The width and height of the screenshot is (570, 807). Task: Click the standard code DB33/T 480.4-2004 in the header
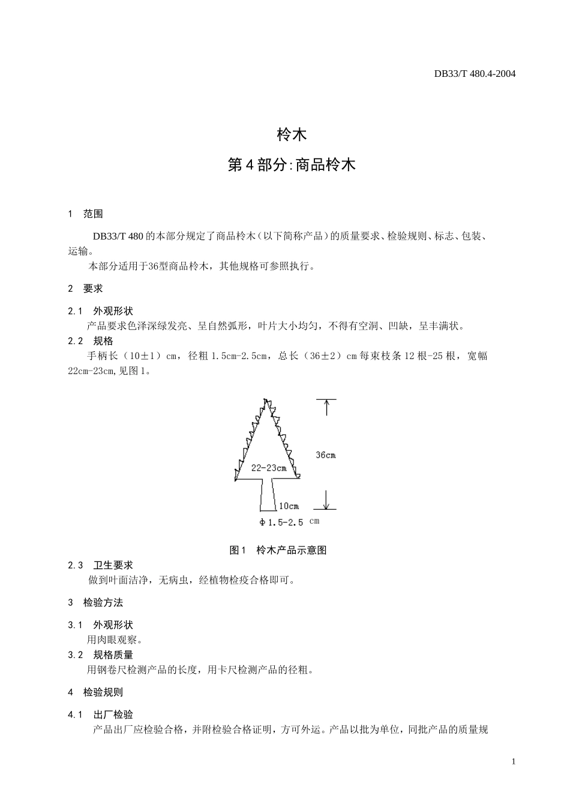pyautogui.click(x=475, y=74)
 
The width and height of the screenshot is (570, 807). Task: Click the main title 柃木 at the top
pyautogui.click(x=292, y=135)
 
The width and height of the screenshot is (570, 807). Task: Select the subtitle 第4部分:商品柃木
pyautogui.click(x=292, y=165)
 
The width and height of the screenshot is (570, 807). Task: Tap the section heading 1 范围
pyautogui.click(x=85, y=214)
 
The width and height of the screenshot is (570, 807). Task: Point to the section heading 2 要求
pyautogui.click(x=85, y=288)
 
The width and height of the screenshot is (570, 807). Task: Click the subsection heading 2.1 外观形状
pyautogui.click(x=100, y=311)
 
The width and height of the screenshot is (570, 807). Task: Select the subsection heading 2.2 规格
pyautogui.click(x=91, y=340)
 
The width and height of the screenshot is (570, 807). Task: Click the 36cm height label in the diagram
pyautogui.click(x=326, y=455)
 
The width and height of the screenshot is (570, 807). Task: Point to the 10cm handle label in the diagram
pyautogui.click(x=289, y=506)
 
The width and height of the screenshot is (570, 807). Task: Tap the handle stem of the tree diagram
pyautogui.click(x=268, y=495)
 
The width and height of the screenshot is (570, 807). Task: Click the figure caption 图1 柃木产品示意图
pyautogui.click(x=278, y=550)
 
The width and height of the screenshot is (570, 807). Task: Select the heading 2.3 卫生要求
pyautogui.click(x=100, y=565)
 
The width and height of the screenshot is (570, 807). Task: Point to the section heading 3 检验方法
pyautogui.click(x=95, y=602)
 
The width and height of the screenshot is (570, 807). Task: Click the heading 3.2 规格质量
pyautogui.click(x=100, y=654)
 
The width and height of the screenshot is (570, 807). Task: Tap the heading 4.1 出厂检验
pyautogui.click(x=100, y=715)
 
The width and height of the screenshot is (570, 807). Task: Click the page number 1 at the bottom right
pyautogui.click(x=513, y=762)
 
